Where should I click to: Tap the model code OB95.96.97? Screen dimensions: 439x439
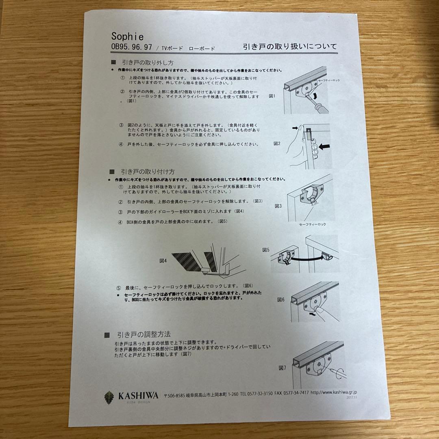pyautogui.click(x=131, y=47)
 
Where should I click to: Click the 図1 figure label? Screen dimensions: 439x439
pyautogui.click(x=272, y=96)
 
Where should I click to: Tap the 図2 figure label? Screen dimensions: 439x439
pyautogui.click(x=277, y=143)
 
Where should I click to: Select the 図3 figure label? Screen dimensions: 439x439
pyautogui.click(x=278, y=206)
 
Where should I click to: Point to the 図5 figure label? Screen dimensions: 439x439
pyautogui.click(x=266, y=250)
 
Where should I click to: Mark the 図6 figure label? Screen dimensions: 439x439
pyautogui.click(x=281, y=299)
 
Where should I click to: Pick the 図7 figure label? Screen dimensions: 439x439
pyautogui.click(x=283, y=368)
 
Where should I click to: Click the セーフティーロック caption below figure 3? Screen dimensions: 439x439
pyautogui.click(x=312, y=224)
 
